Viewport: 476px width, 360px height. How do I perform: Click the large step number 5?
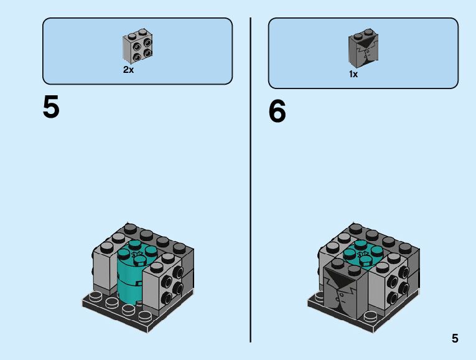[51, 107]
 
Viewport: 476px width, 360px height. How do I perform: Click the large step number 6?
[277, 112]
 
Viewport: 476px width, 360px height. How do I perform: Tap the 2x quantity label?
[128, 70]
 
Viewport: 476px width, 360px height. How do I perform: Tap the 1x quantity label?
[353, 74]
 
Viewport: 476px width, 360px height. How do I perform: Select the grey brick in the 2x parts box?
[138, 47]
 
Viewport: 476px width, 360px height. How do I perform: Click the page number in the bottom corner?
[455, 339]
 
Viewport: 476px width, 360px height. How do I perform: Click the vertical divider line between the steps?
[250, 181]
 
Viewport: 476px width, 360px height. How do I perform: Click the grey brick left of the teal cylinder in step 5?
[105, 265]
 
